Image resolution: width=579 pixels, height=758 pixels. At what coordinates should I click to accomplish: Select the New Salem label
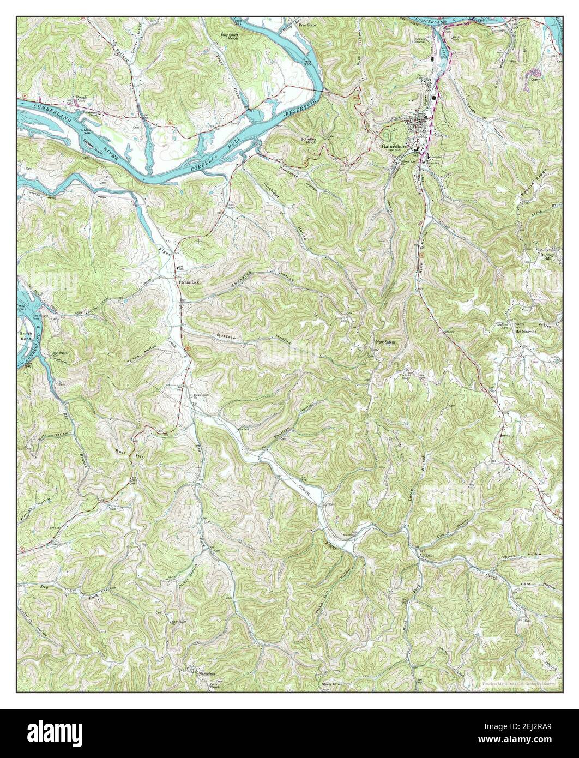tap(384, 342)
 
